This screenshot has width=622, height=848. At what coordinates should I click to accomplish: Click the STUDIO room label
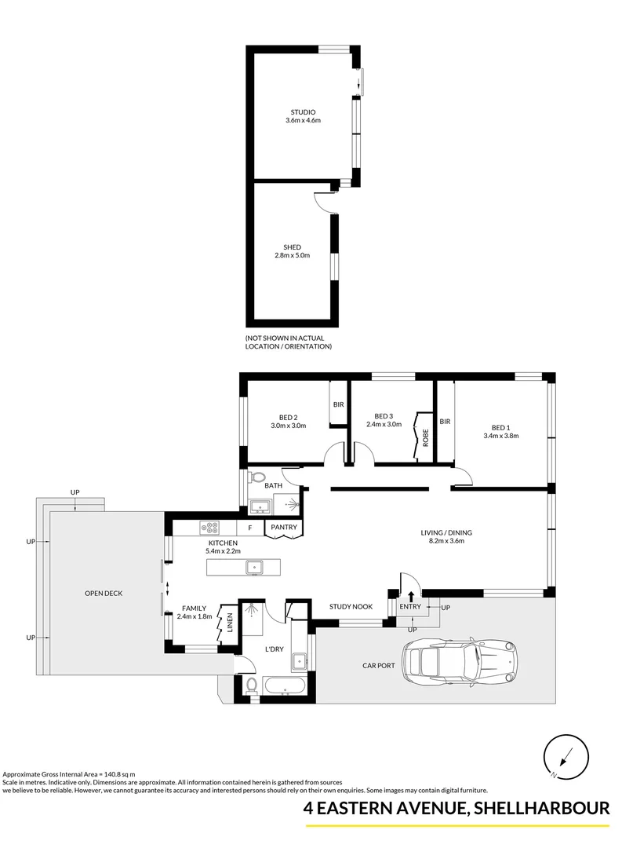pos(303,112)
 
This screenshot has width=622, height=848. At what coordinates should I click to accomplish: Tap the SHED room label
pos(292,247)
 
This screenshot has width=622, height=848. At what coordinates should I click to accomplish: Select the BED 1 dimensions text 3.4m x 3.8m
pos(501,435)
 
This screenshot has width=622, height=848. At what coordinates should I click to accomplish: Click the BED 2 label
pos(288,417)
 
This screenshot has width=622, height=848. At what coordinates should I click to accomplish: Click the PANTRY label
pos(283,528)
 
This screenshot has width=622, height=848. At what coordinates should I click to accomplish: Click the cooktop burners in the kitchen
pos(210,527)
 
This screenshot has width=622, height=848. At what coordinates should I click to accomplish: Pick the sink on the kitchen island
pos(253,567)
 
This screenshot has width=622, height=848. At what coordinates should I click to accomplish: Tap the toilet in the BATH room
pos(256,478)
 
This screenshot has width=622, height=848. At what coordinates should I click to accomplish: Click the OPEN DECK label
pos(104,593)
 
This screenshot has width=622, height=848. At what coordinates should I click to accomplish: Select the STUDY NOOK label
pos(351,606)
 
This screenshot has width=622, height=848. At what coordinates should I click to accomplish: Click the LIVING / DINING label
pos(446,532)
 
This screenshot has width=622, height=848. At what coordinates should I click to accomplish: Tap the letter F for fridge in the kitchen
pos(249,528)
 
